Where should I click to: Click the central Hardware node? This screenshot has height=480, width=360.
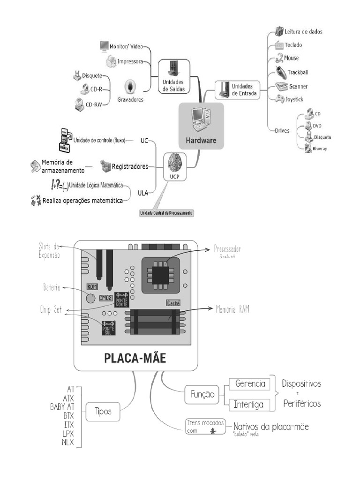click(x=202, y=126)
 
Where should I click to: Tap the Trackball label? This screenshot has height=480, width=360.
click(x=298, y=72)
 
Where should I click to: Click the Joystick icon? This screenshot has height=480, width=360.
click(x=279, y=99)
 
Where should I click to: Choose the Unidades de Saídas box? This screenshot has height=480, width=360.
click(x=173, y=75)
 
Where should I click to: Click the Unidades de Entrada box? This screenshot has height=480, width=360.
click(x=238, y=89)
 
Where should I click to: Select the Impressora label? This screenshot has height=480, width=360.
click(x=130, y=61)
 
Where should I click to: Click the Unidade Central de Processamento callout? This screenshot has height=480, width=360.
click(x=166, y=213)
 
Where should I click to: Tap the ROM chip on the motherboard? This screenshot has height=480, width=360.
click(x=93, y=286)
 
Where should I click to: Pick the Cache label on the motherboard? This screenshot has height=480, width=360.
click(x=173, y=303)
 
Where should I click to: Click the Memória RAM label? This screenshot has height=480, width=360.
click(x=232, y=309)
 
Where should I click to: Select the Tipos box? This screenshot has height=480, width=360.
click(x=103, y=411)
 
